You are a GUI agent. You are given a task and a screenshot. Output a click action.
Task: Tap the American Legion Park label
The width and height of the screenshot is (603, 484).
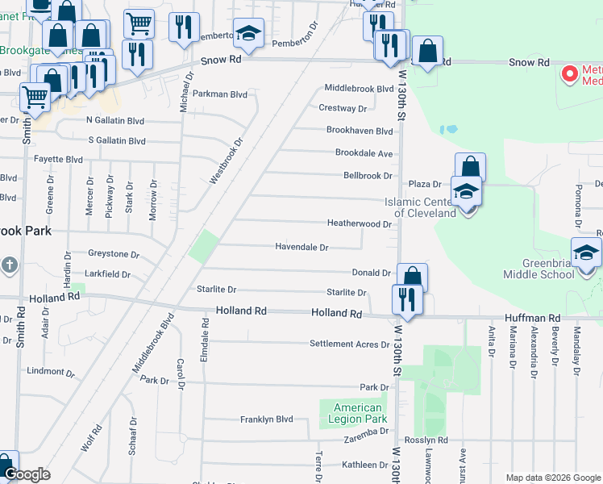click(x=358, y=413)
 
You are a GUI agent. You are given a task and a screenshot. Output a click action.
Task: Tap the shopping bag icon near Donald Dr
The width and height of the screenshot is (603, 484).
click(x=412, y=277)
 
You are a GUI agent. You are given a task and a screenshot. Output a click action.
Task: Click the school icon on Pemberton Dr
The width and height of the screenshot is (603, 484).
click(x=248, y=34)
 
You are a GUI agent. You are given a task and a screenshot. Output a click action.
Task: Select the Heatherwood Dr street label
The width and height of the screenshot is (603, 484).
click(x=359, y=223)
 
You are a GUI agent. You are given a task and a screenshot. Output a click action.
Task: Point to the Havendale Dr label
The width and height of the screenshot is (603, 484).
click(x=301, y=247)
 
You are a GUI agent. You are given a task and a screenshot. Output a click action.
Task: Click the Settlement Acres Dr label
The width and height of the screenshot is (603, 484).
click(x=350, y=344)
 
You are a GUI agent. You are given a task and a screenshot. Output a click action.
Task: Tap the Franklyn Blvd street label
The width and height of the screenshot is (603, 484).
click(x=266, y=419)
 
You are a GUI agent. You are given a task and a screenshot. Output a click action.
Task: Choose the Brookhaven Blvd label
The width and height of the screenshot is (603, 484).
click(x=359, y=131)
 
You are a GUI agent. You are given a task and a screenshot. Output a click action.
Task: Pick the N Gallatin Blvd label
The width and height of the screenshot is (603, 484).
click(x=115, y=120)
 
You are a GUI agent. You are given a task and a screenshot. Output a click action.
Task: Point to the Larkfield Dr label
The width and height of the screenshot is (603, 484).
click(x=101, y=274)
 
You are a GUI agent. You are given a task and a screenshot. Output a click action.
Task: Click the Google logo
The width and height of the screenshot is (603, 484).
click(x=27, y=474)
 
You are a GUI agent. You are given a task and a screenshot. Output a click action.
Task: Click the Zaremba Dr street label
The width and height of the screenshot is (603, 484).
click(x=368, y=433)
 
